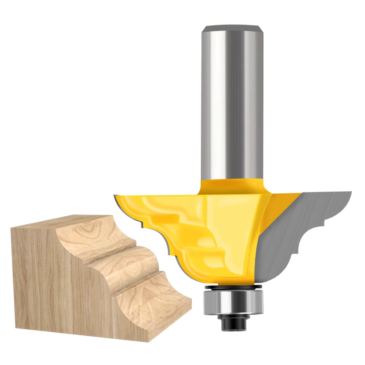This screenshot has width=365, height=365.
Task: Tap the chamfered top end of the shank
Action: (x=233, y=28)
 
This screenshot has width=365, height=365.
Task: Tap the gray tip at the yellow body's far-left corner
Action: (x=116, y=197)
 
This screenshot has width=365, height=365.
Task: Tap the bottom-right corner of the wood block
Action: (x=150, y=341)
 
